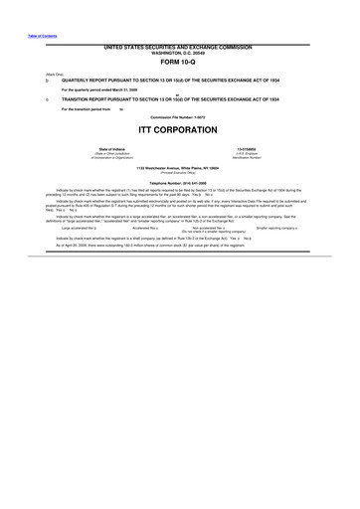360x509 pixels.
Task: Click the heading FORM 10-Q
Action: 179,64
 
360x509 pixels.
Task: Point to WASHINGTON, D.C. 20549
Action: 179,53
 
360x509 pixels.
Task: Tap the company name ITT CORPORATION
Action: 179,130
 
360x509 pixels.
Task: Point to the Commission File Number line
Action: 179,115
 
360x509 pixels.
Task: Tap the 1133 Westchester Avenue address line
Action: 179,167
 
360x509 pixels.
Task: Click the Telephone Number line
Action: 179,183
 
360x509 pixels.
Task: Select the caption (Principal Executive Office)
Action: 179,172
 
